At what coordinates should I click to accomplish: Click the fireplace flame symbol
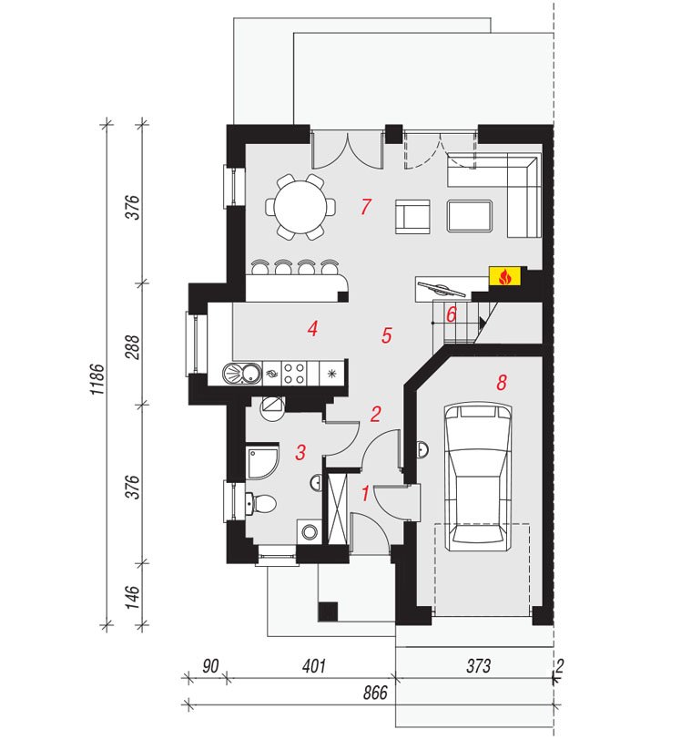pos(504,276)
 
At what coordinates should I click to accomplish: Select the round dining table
pos(300,207)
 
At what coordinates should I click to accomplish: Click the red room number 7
pos(366,207)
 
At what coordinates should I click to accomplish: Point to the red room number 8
pos(502,382)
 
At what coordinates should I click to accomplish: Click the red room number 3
pos(300,452)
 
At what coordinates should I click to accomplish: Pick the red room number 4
pos(312,328)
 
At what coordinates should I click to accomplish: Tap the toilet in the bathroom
pos(260,504)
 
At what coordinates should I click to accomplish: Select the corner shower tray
pos(262,461)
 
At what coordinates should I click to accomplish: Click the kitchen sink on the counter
pos(242,373)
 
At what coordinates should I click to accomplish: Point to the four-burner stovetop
pos(294,373)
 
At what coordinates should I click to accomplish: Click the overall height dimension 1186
pos(97,379)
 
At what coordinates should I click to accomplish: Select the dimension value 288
pos(133,347)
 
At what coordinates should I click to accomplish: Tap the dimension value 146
pos(133,597)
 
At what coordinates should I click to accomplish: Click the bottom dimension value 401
pos(314,666)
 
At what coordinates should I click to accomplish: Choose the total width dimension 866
pos(375,693)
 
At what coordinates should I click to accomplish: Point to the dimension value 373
pos(479,666)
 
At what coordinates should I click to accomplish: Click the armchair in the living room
pos(412,216)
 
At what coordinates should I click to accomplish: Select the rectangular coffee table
pos(470,216)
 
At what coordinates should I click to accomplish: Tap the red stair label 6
pos(452,314)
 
